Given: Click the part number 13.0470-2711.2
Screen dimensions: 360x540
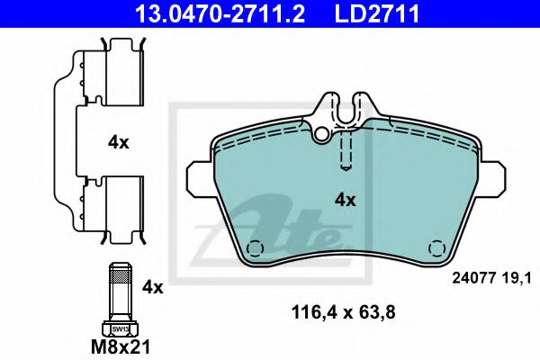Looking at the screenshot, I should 204,13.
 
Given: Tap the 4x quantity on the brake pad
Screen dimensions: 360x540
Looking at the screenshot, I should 346,200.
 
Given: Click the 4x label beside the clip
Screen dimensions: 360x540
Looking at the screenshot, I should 119,141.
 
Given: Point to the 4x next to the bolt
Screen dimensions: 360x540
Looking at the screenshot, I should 153,287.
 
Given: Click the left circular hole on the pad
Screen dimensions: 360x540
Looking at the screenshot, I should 256,248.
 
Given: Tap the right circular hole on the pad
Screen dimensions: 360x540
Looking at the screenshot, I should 438,248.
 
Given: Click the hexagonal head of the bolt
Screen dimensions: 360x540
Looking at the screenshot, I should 121,328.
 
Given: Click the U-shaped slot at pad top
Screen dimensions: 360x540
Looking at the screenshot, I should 347,110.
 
